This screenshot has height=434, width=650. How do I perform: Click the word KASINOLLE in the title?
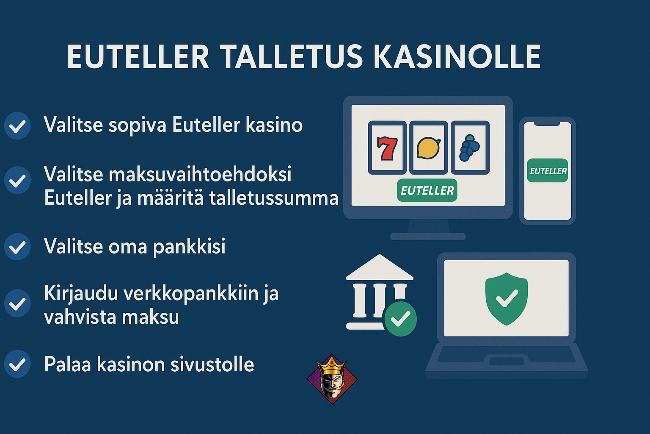coord(457,56)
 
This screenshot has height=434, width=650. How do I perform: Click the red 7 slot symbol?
coord(387,148)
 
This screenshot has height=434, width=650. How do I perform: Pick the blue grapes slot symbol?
coord(469,147)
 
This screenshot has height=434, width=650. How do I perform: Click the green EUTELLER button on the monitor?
coord(427,190)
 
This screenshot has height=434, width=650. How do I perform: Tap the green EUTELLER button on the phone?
coord(548,171)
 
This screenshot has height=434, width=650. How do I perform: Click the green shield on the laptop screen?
coord(507,299)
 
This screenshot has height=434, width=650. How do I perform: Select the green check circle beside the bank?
coord(400,319)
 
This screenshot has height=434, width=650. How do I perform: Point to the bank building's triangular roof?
coord(380,267)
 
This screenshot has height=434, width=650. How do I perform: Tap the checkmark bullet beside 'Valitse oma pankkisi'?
coord(17,247)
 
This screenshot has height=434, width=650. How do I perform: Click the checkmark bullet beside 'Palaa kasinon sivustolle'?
coord(17,364)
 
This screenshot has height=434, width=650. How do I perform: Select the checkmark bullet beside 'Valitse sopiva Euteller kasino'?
coord(17,126)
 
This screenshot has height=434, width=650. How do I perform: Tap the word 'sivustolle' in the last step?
coord(212,364)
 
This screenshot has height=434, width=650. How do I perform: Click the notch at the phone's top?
coord(547,124)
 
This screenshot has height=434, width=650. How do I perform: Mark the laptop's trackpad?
coord(507,362)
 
